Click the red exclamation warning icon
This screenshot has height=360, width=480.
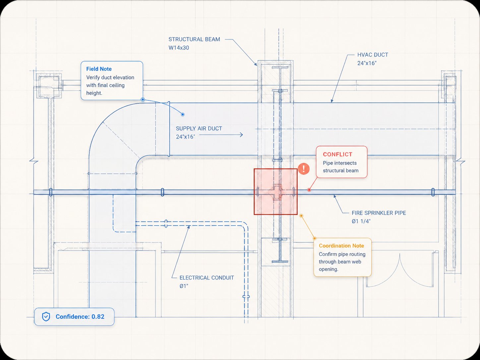304,169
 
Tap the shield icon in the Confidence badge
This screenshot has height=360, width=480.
46,317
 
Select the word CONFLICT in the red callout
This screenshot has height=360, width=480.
337,154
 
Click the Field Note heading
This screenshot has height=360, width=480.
99,69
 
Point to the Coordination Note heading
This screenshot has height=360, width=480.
341,246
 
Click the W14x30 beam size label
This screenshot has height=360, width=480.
179,48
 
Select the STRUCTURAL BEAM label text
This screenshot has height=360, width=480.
194,39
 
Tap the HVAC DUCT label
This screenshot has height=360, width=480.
373,55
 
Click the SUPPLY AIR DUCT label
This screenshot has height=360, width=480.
199,129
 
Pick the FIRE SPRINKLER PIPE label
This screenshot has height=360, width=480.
379,213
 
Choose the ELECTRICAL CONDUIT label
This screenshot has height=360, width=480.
207,277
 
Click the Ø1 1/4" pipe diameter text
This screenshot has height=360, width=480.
361,221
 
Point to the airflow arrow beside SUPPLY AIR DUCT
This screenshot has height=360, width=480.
221,135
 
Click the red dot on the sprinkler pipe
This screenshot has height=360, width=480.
309,190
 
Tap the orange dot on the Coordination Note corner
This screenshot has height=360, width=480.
315,238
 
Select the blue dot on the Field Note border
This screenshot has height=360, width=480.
143,99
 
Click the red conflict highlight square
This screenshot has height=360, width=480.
275,192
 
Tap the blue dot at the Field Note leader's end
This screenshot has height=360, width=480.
183,114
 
